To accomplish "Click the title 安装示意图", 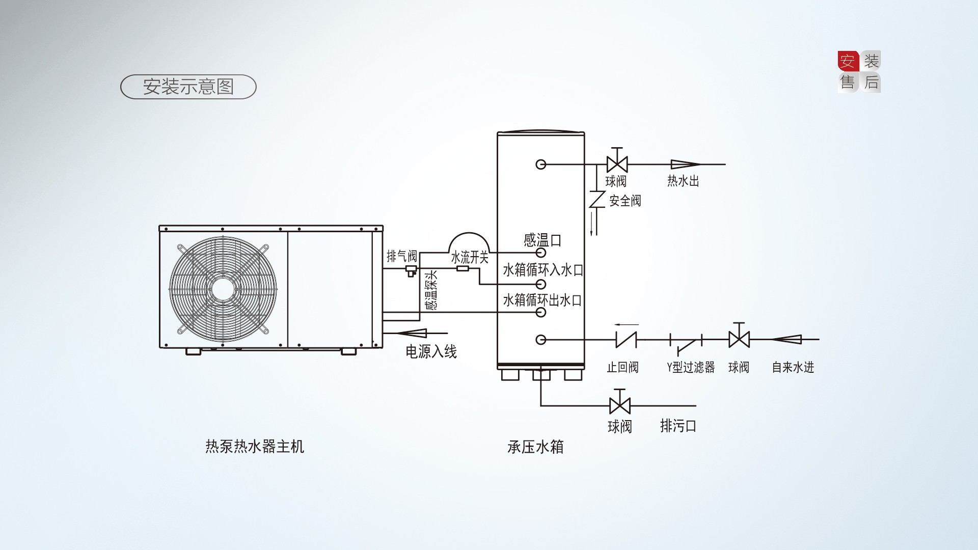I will pos(188,87).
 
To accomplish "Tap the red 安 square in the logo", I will pos(848,61).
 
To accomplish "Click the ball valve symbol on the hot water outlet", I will pos(617,164).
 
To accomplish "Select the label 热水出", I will pos(683,181).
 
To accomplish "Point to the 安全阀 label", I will pos(625,201).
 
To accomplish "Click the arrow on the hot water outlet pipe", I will pos(685,164).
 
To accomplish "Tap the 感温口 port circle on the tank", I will pos(541,253).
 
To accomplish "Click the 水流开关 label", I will pos(470,258).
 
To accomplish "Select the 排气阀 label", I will pos(401,256).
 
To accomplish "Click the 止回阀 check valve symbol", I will pos(626,339).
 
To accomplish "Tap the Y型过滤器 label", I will pos(691,367).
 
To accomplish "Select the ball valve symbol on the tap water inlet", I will pos(739,339).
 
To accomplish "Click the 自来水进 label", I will pos(793,367).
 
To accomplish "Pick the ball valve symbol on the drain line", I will pos(619,405).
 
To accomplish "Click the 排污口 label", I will pos(678,426).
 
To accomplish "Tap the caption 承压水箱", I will pos(535,447).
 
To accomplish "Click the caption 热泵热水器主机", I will pos(255,447).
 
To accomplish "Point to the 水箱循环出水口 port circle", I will pos(541,312).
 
